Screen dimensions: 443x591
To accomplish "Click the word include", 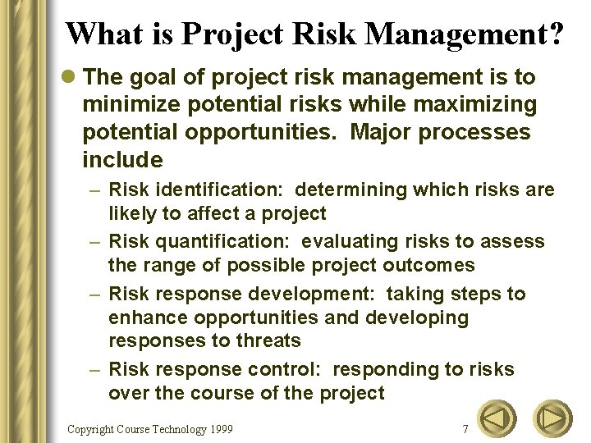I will pos(122,159).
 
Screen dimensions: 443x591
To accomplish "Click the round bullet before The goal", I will pos(70,78).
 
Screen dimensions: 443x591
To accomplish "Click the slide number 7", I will pos(465,429).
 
